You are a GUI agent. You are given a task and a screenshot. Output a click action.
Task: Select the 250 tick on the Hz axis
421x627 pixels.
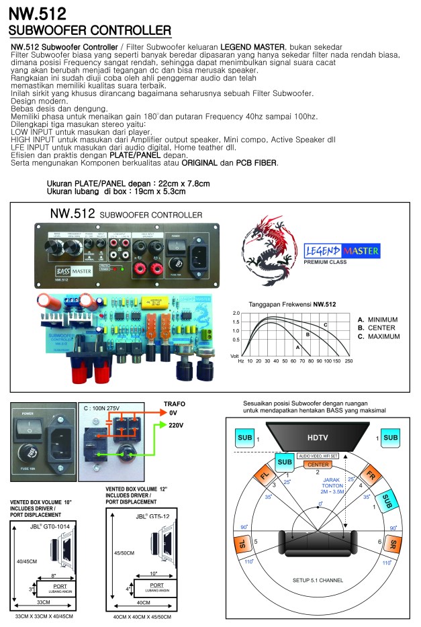[x=348, y=360]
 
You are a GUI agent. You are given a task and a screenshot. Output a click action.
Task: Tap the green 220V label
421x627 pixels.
[x=175, y=426]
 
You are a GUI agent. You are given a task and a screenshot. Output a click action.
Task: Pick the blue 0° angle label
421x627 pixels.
[x=320, y=503]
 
